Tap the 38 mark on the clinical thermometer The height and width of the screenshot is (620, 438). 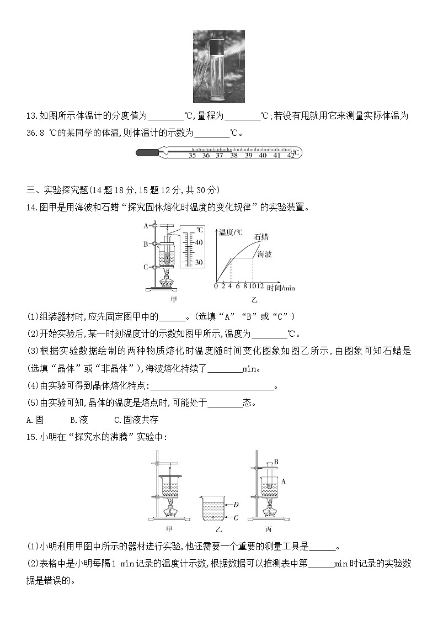coord(234,156)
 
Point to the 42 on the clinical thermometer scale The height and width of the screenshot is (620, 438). coord(291,156)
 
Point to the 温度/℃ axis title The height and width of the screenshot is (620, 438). coord(231,232)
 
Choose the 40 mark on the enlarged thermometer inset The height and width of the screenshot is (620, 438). coord(199,242)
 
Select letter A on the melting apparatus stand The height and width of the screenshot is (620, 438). coord(145,225)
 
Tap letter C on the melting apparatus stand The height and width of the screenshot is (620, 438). coord(145,267)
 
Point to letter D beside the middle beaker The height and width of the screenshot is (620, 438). coord(236,504)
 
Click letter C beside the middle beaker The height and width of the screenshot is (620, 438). coord(236,517)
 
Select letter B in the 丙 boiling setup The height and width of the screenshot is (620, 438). coord(275,462)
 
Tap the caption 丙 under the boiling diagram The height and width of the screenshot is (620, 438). coord(269,529)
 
